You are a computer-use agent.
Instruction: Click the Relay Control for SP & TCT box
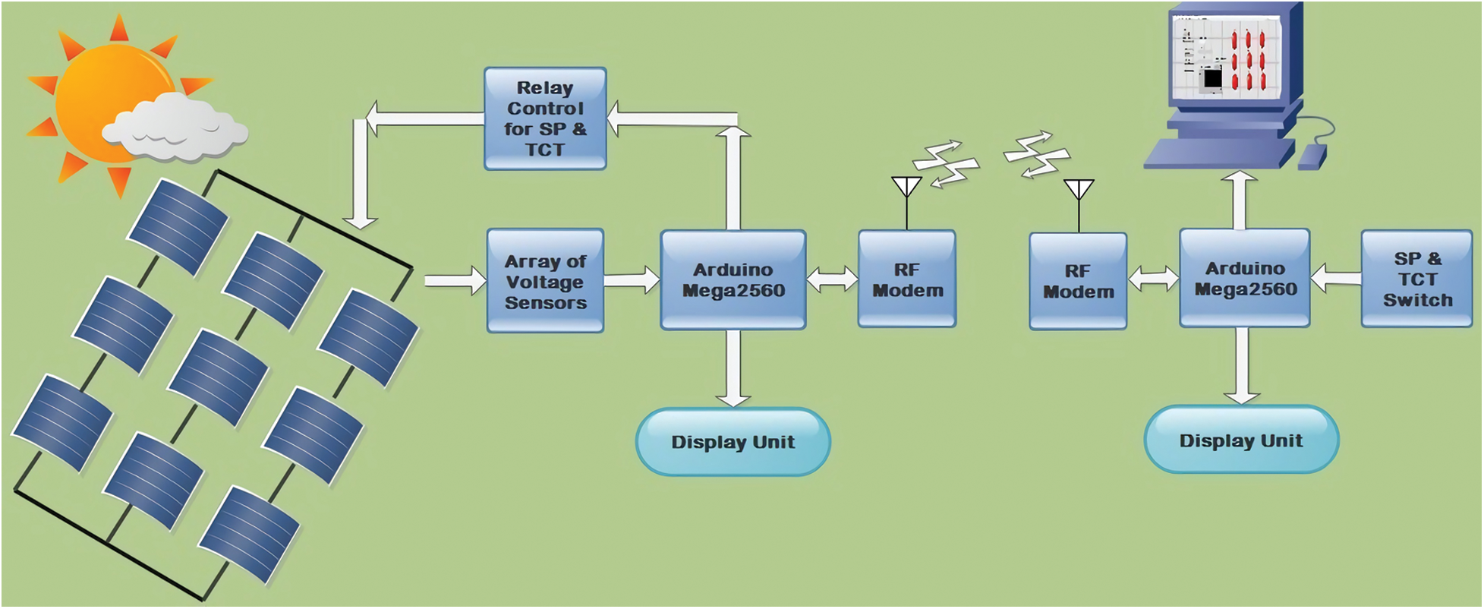[x=545, y=118]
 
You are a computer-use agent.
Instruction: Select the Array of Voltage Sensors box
[x=545, y=281]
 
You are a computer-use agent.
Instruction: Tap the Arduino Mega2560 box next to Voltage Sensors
[x=733, y=280]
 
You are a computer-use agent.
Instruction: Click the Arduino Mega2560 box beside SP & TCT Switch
[x=1245, y=279]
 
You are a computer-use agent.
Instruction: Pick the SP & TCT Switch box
[x=1416, y=279]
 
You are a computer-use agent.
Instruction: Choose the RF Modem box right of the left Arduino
[x=907, y=279]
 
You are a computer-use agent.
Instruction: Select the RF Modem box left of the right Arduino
[x=1078, y=281]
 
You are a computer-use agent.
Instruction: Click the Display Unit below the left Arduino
[x=733, y=442]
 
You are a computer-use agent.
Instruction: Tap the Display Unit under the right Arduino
[x=1241, y=440]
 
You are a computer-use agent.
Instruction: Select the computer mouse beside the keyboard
[x=1312, y=156]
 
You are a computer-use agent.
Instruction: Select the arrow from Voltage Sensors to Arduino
[x=632, y=280]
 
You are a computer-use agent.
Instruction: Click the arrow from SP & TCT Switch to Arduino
[x=1336, y=279]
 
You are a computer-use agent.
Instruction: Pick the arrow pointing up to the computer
[x=1240, y=199]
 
